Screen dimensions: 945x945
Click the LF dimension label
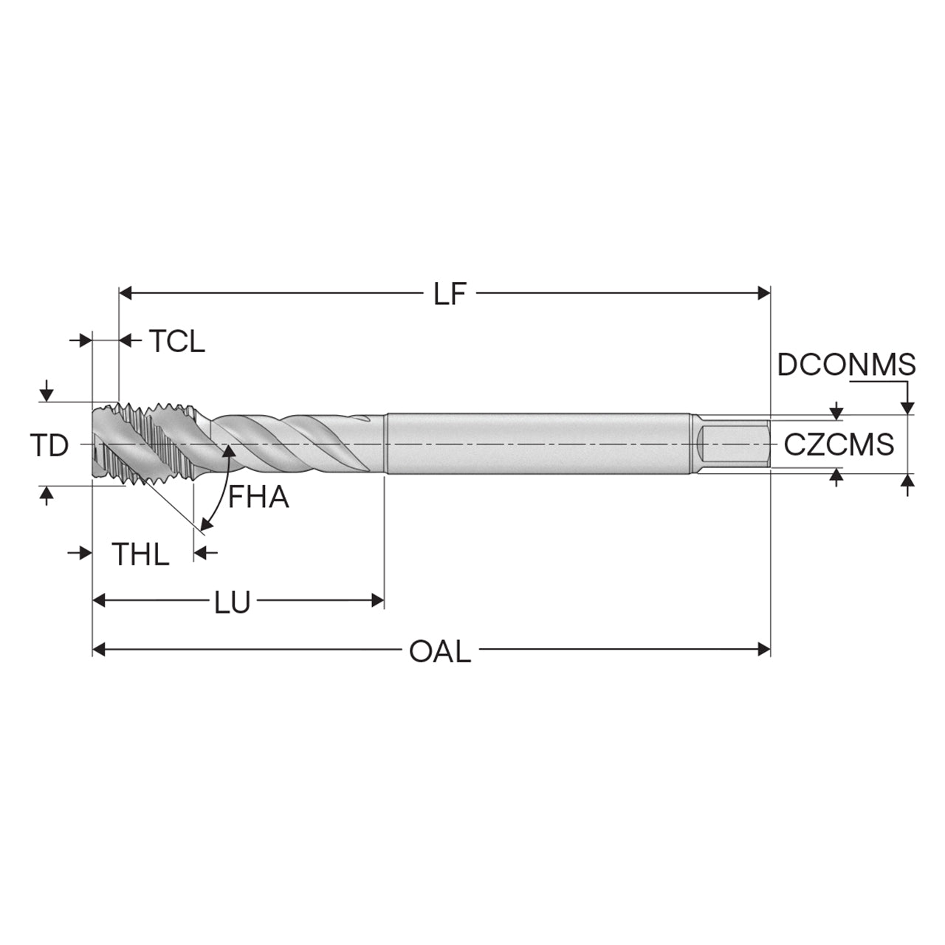(x=449, y=295)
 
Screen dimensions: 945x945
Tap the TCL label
(x=177, y=341)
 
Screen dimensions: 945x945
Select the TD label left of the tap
(x=49, y=446)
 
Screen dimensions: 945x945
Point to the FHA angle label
(x=258, y=498)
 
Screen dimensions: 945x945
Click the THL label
(x=141, y=554)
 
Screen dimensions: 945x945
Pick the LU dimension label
(x=233, y=602)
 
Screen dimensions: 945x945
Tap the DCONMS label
(x=846, y=365)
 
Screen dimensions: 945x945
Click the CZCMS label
(x=839, y=445)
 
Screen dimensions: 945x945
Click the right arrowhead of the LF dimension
(x=763, y=294)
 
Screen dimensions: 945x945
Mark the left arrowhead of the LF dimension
(x=126, y=294)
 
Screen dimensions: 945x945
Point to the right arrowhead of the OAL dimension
(x=763, y=649)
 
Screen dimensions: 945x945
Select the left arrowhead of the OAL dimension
(x=99, y=649)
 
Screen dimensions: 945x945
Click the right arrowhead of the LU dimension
(x=377, y=599)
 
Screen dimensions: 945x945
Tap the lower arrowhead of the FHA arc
(x=206, y=525)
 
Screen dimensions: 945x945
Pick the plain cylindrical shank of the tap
(x=540, y=444)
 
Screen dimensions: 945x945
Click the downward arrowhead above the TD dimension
(x=46, y=395)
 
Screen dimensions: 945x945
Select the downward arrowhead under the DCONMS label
(x=908, y=407)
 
